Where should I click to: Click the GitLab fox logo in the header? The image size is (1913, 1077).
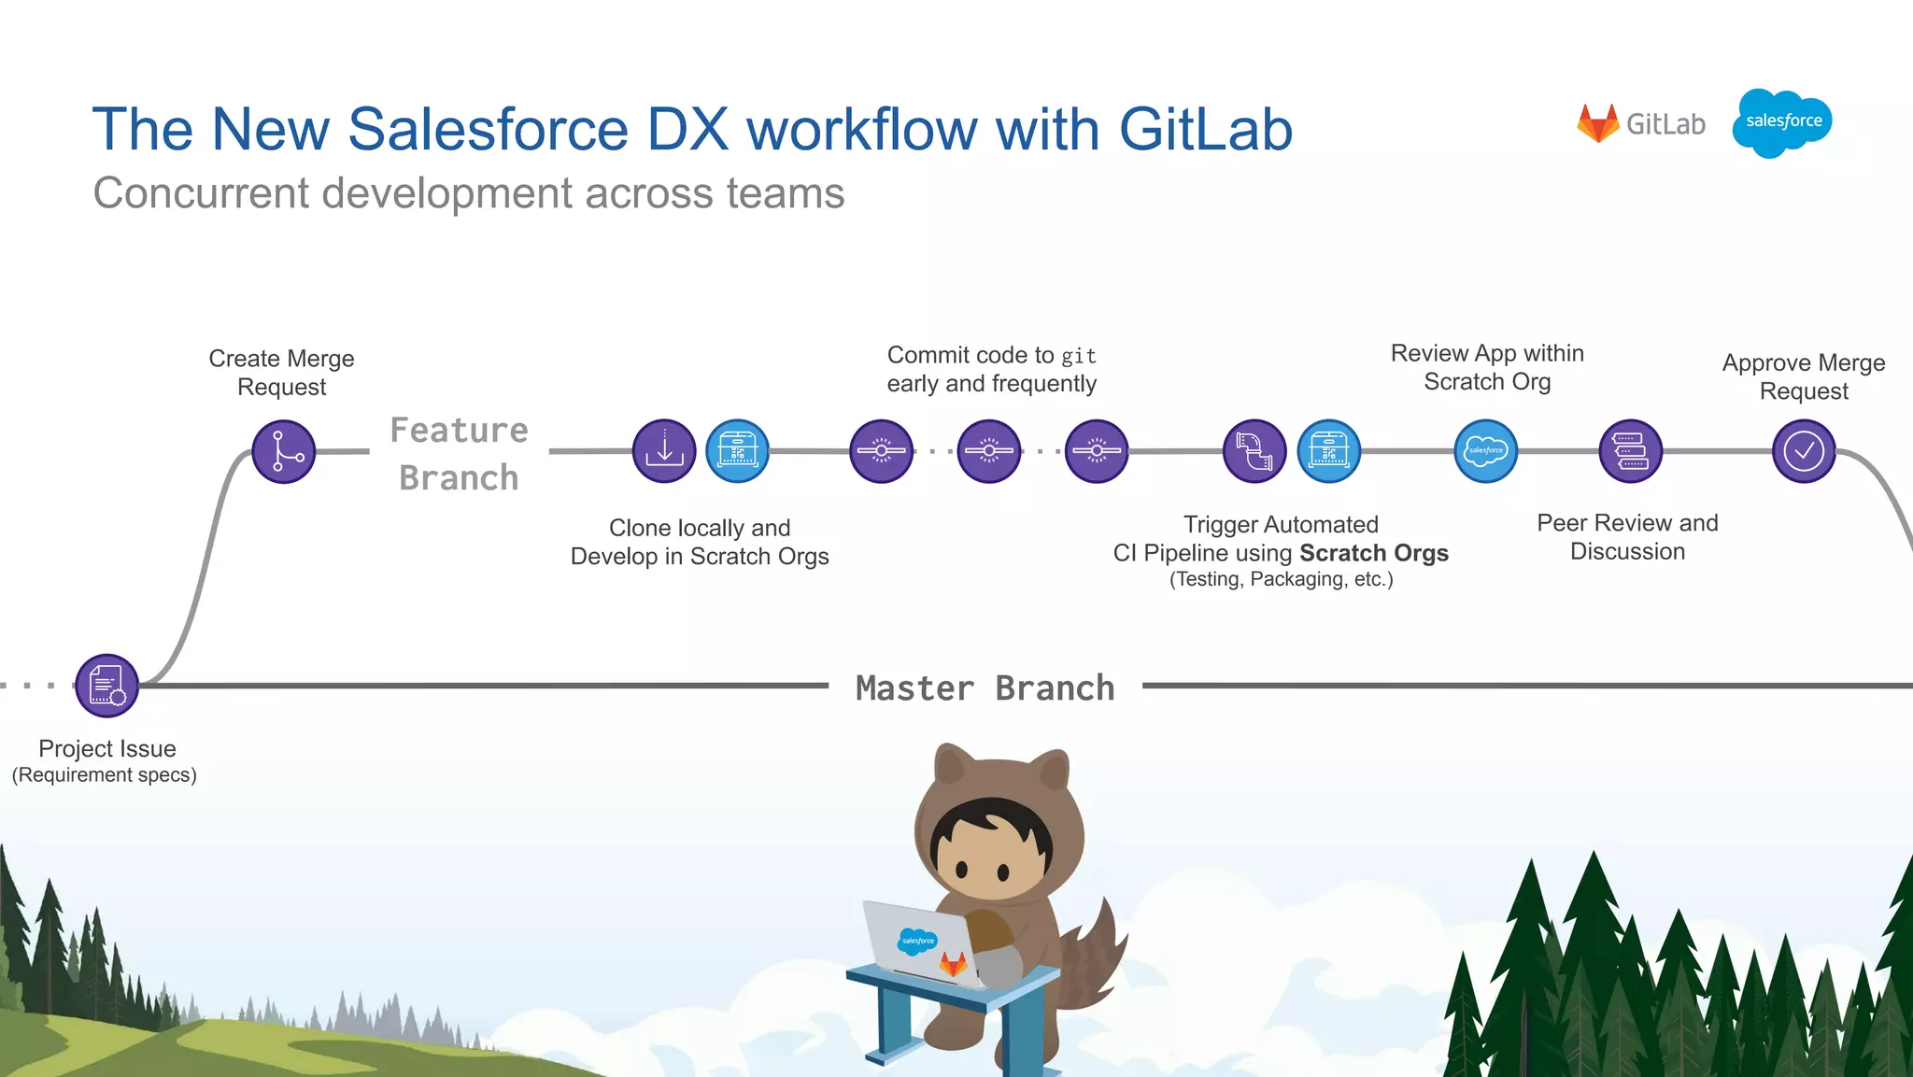pyautogui.click(x=1597, y=123)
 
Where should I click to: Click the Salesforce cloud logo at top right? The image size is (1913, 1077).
pyautogui.click(x=1782, y=122)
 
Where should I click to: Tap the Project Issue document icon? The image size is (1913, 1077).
pyautogui.click(x=106, y=686)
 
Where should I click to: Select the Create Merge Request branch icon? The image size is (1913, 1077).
pyautogui.click(x=284, y=451)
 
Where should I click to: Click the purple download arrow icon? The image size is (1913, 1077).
pyautogui.click(x=664, y=451)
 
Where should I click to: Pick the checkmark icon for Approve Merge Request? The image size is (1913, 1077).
pyautogui.click(x=1804, y=451)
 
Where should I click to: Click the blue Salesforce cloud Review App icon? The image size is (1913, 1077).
pyautogui.click(x=1485, y=451)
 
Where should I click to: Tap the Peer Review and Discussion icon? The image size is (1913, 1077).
pyautogui.click(x=1630, y=451)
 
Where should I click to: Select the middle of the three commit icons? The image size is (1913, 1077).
pyautogui.click(x=989, y=451)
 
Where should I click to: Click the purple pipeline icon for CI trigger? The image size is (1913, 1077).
pyautogui.click(x=1254, y=451)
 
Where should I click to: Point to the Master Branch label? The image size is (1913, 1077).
pyautogui.click(x=985, y=688)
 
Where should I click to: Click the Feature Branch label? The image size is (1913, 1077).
pyautogui.click(x=459, y=454)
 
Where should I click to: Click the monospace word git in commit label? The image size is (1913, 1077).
pyautogui.click(x=1078, y=356)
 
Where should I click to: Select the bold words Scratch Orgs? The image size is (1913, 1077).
pyautogui.click(x=1373, y=553)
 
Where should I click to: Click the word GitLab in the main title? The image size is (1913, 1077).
pyautogui.click(x=1205, y=129)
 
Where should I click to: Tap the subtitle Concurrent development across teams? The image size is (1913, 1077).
pyautogui.click(x=468, y=193)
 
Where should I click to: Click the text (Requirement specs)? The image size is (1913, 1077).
pyautogui.click(x=104, y=775)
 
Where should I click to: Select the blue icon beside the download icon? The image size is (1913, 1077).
pyautogui.click(x=737, y=451)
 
